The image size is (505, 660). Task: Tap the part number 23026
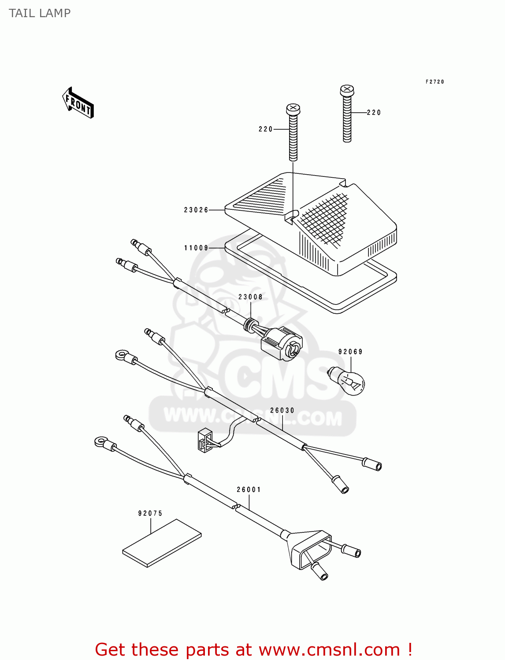(196, 210)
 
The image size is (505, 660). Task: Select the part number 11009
(196, 248)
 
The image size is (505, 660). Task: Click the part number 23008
(250, 297)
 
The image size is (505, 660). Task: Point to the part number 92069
(350, 352)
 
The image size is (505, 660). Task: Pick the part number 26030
(282, 410)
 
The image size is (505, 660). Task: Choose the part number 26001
(249, 489)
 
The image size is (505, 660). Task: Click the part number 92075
(150, 513)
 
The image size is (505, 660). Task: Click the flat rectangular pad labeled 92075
(162, 543)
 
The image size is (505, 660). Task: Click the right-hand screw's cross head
(347, 91)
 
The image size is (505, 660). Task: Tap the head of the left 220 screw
(293, 109)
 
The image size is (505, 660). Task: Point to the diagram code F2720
(434, 82)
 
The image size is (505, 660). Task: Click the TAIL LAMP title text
(40, 13)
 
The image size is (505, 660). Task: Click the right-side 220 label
(374, 113)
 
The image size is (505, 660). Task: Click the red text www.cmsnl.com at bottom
(330, 649)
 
